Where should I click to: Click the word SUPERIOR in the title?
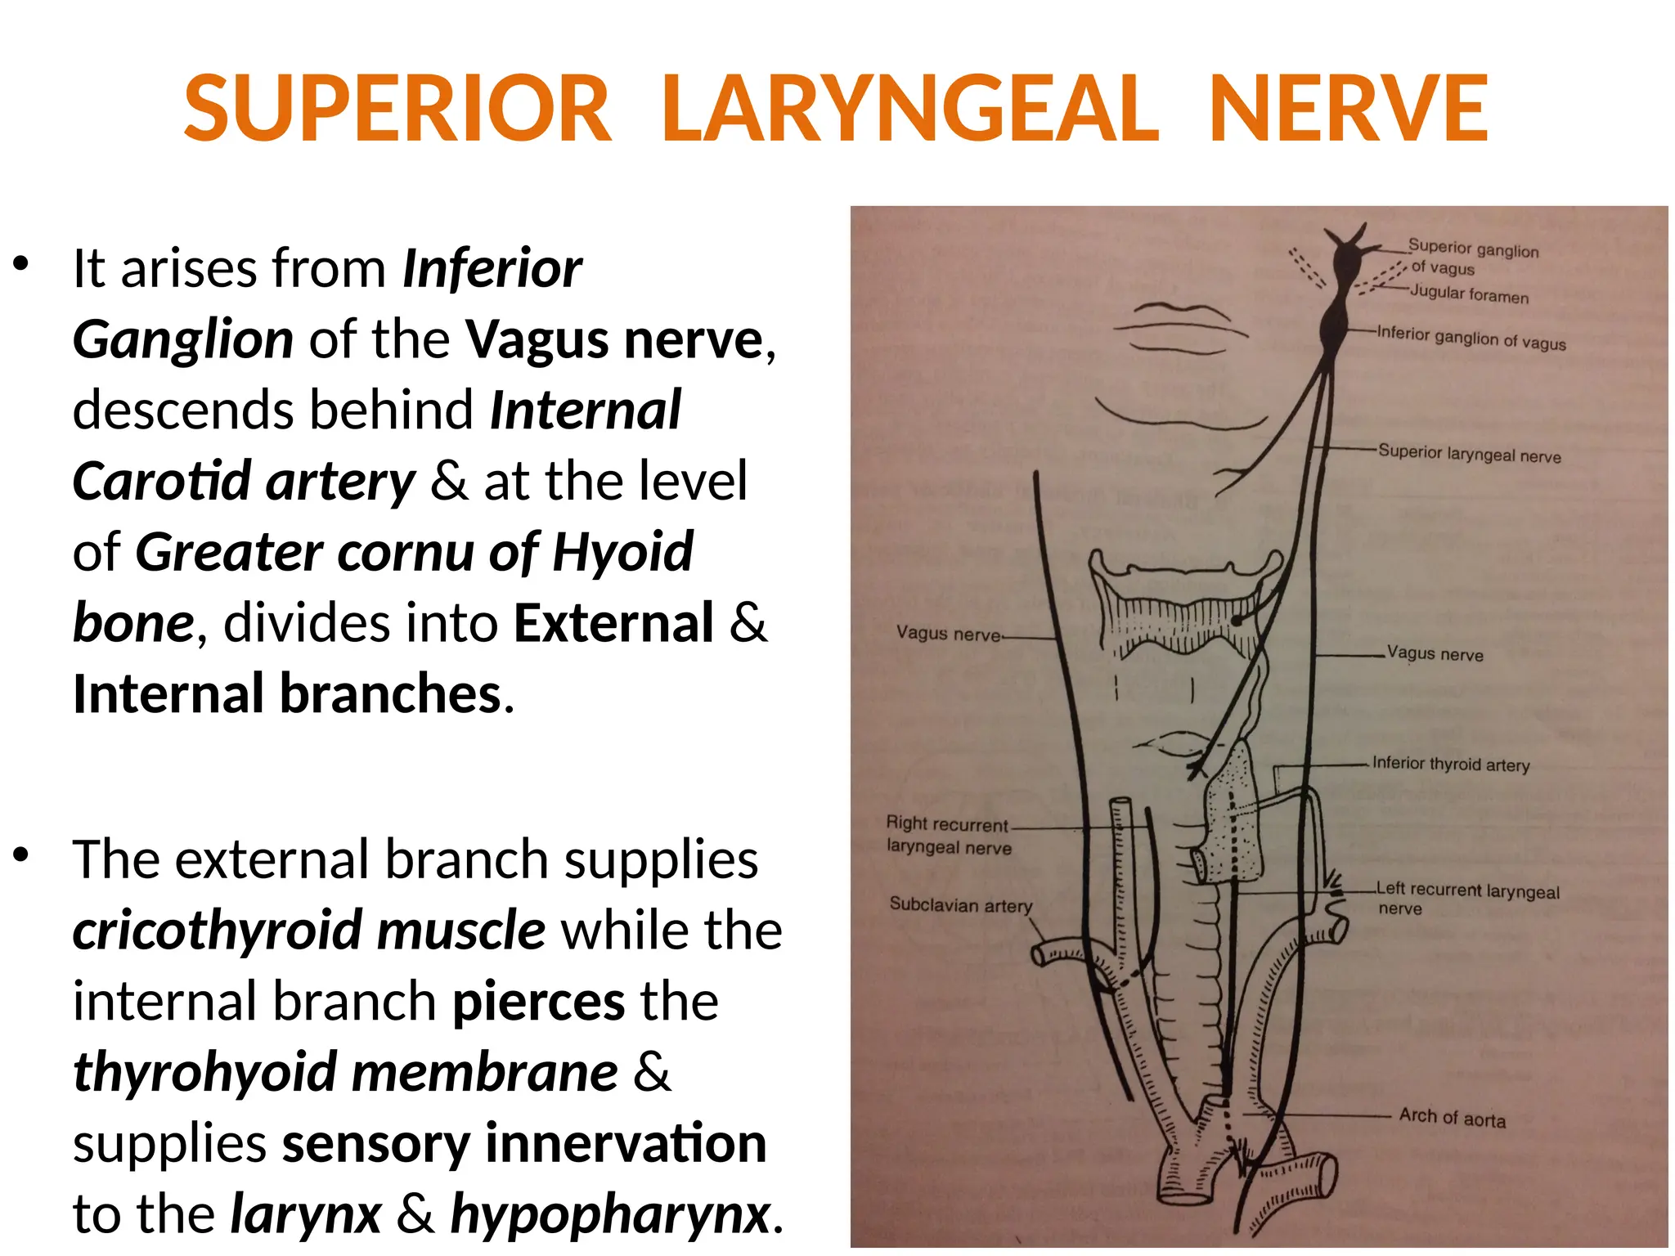point(397,110)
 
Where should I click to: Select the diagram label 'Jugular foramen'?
point(1469,294)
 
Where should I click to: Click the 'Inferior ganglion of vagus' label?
point(1471,338)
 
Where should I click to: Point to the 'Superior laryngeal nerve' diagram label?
point(1469,454)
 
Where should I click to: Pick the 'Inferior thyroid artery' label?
point(1450,765)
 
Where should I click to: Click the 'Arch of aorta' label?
point(1452,1117)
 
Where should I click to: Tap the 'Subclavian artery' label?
point(960,905)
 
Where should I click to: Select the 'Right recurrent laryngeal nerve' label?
point(948,835)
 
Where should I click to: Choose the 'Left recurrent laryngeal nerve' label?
point(1467,898)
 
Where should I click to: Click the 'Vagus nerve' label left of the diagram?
point(948,634)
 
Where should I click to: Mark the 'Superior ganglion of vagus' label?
point(1472,257)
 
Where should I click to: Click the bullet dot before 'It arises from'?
point(21,264)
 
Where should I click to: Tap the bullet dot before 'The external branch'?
point(21,855)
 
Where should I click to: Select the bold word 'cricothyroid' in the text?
point(218,931)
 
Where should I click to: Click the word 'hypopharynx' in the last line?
point(610,1214)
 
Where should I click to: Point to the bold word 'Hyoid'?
point(622,553)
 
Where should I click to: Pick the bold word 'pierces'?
point(539,1003)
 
